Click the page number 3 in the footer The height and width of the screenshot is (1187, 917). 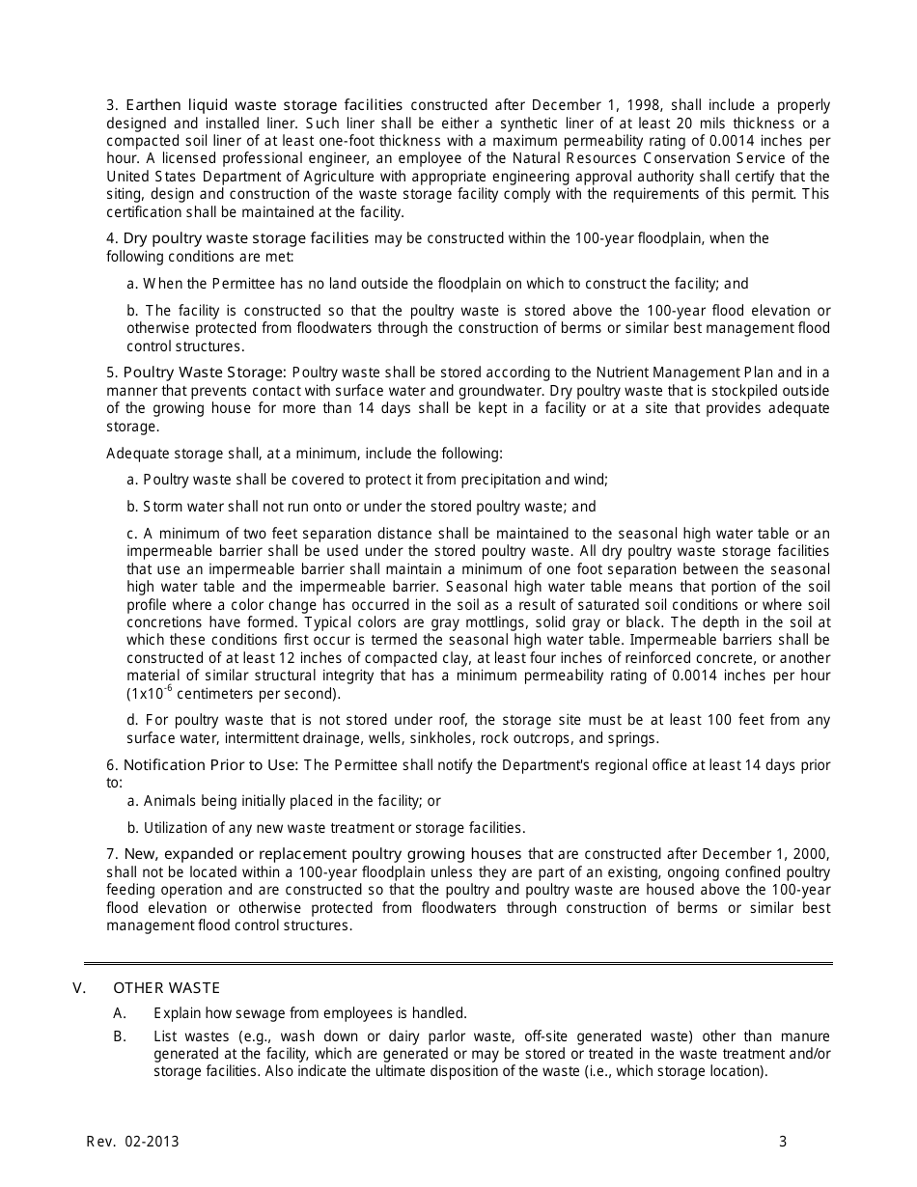point(783,1142)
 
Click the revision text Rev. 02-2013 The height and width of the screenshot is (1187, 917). point(133,1142)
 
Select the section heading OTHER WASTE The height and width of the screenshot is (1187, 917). point(167,987)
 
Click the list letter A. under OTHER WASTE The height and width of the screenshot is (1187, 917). point(120,1013)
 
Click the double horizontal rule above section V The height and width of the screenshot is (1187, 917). point(458,963)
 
